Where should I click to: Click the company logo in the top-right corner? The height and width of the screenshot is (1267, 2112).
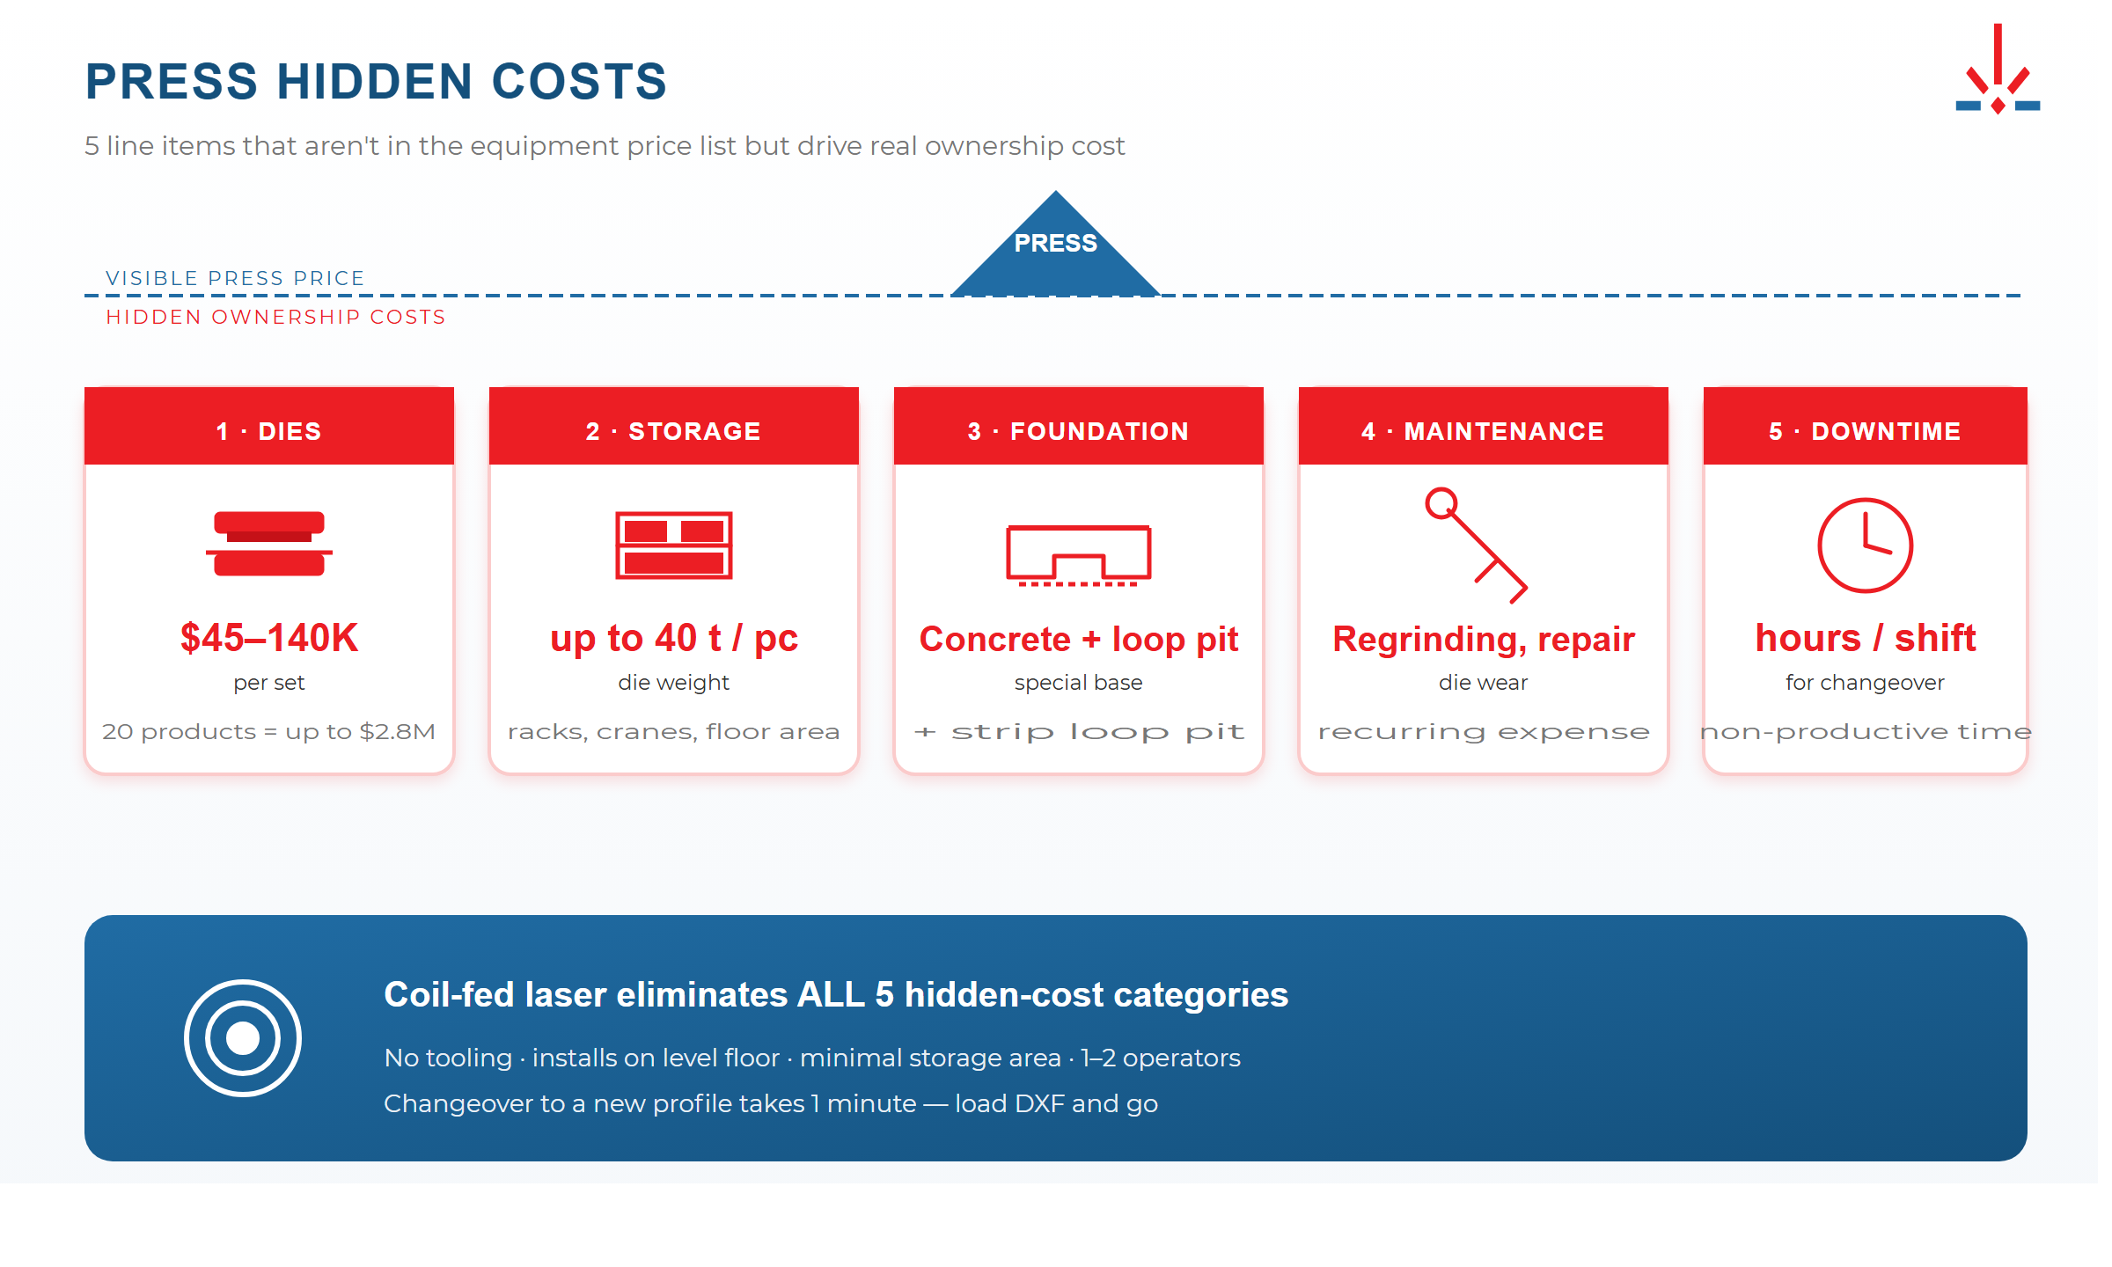(x=1997, y=70)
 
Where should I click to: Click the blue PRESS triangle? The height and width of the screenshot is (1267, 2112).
(x=1055, y=251)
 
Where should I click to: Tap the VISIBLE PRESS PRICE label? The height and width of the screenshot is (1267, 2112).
(x=235, y=278)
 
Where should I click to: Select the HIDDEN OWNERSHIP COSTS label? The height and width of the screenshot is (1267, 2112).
(x=275, y=317)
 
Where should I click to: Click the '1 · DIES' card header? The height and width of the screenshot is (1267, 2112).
(x=269, y=430)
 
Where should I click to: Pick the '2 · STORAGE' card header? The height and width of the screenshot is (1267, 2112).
(x=673, y=430)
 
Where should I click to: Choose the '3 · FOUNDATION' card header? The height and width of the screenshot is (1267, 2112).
(x=1078, y=430)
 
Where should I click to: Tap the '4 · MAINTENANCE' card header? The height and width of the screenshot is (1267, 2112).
(x=1483, y=430)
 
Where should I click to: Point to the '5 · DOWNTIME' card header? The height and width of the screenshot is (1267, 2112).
(x=1865, y=430)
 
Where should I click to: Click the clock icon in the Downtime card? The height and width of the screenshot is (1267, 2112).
(x=1865, y=546)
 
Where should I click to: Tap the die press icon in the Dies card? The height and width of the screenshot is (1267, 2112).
(x=269, y=544)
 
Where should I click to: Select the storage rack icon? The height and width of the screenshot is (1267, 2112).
(x=673, y=546)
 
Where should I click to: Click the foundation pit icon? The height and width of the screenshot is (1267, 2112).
(x=1078, y=554)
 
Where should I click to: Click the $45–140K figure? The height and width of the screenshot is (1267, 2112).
(x=269, y=638)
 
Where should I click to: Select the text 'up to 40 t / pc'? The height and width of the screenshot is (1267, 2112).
(x=673, y=638)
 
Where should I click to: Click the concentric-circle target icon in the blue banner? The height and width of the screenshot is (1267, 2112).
(x=243, y=1038)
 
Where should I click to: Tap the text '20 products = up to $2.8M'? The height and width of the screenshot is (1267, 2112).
(x=269, y=732)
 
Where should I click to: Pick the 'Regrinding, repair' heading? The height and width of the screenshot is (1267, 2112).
(x=1483, y=640)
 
